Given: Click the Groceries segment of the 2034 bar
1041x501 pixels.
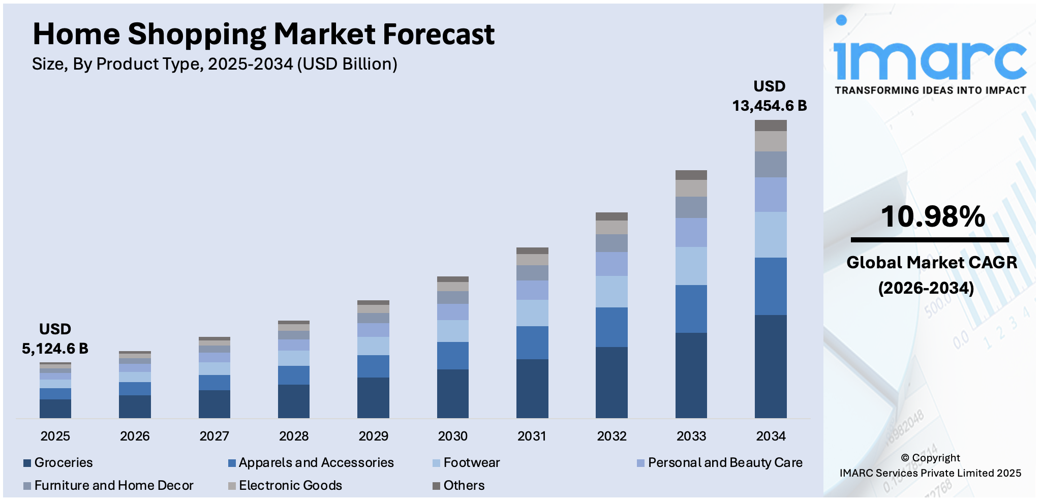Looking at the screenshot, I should pos(771,366).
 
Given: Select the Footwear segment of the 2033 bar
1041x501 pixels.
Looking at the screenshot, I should pos(691,266).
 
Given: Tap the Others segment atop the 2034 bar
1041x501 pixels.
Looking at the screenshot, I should pos(771,126).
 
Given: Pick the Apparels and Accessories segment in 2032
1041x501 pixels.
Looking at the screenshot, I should pos(611,327).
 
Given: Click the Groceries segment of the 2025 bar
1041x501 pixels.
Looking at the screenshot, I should pos(55,409).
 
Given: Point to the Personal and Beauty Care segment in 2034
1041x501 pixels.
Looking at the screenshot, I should pos(771,195).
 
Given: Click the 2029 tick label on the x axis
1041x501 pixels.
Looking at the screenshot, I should pos(373,436).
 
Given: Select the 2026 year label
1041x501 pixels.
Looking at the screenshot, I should pos(135,436).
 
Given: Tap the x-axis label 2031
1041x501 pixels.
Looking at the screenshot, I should pos(532,436).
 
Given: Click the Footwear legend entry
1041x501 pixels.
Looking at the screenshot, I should pos(471,462).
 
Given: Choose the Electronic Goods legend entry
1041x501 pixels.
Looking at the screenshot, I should pos(290,485).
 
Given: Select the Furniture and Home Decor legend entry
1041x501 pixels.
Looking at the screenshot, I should pos(113,485).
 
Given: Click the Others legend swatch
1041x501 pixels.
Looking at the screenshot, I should pos(436,486).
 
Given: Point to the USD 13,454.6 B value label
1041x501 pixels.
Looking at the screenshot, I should pos(769,97).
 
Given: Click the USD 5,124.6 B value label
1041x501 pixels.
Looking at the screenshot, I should pos(55,339).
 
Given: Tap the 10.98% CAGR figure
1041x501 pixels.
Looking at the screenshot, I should pos(933,216).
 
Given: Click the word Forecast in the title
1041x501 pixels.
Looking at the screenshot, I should pos(438,35).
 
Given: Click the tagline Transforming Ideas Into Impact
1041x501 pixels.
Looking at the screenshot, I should pos(930,90).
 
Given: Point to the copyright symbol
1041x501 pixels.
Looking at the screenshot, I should pos(905,458).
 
